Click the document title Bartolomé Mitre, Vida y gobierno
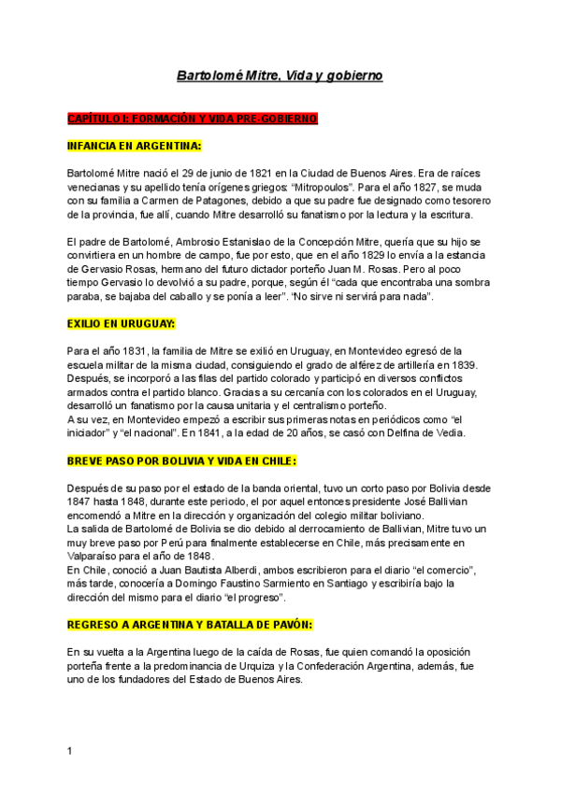280,75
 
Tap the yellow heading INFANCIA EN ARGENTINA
135,146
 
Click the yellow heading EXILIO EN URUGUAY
122,324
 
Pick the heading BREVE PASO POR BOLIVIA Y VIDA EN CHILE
181,460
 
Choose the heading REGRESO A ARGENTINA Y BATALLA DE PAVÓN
190,623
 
